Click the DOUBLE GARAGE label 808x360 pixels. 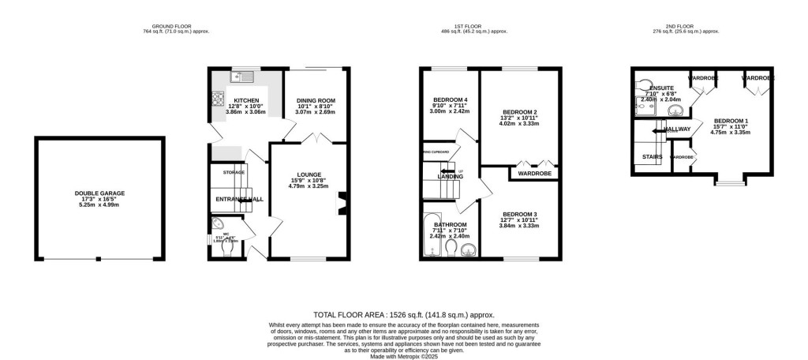(x=99, y=193)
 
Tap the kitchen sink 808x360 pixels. (x=241, y=77)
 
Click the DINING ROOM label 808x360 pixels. (x=316, y=100)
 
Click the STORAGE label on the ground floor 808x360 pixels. (x=234, y=172)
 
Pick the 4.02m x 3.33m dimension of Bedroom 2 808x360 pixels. (x=518, y=123)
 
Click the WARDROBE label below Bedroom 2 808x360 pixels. (x=534, y=172)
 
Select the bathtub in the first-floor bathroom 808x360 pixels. (x=432, y=235)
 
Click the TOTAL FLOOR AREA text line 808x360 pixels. (x=403, y=313)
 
